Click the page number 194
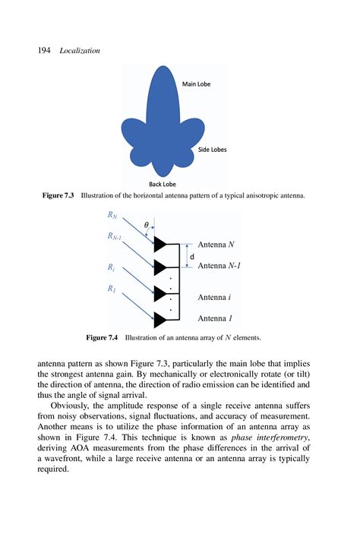[43, 50]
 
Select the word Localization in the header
[80, 50]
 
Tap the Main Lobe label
[196, 84]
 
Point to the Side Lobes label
[212, 150]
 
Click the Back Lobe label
[163, 184]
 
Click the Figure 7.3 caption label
[58, 196]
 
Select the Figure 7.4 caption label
[103, 336]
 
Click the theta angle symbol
[146, 225]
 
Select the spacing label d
[191, 257]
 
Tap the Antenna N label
[216, 245]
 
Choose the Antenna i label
[215, 298]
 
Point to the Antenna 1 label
[215, 319]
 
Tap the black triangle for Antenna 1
[159, 319]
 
